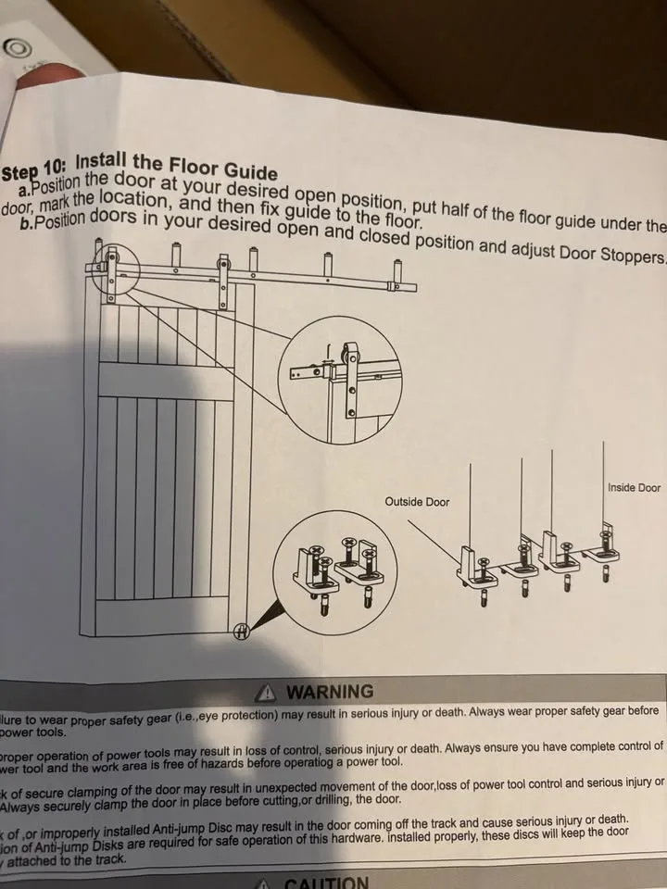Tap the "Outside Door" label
tap(417, 502)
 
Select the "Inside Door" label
tap(634, 487)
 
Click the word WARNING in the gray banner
tap(329, 692)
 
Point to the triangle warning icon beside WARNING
tap(268, 692)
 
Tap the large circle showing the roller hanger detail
tap(340, 381)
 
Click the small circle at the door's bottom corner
tap(242, 632)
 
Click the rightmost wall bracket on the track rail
tap(397, 276)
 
